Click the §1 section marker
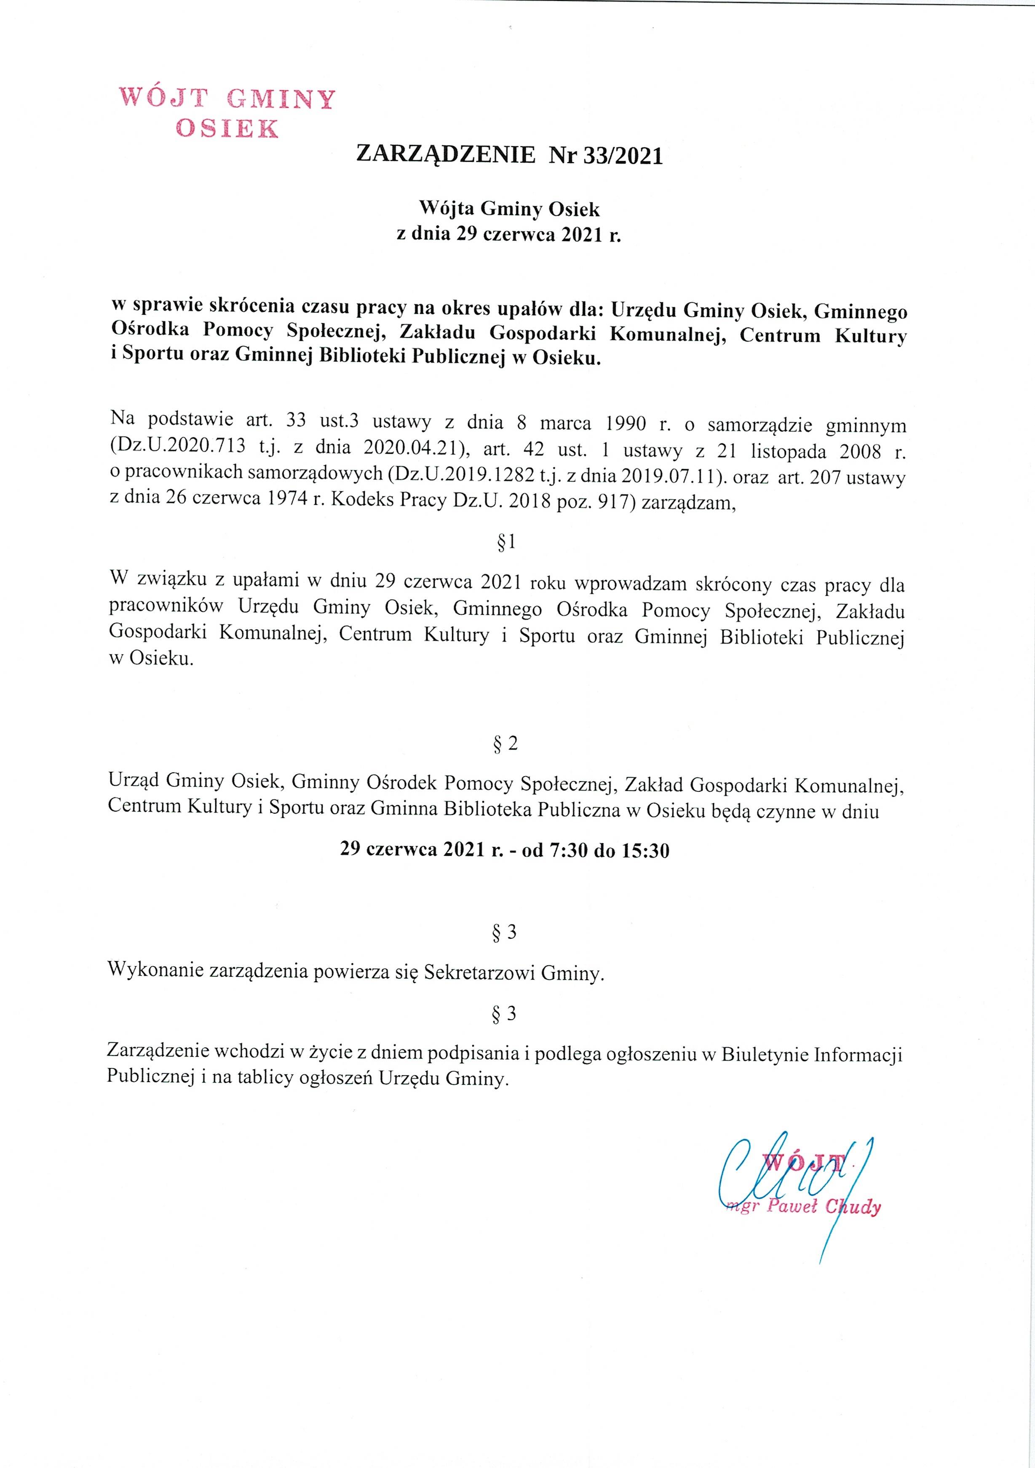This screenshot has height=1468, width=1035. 506,544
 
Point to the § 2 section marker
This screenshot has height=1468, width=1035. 505,744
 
